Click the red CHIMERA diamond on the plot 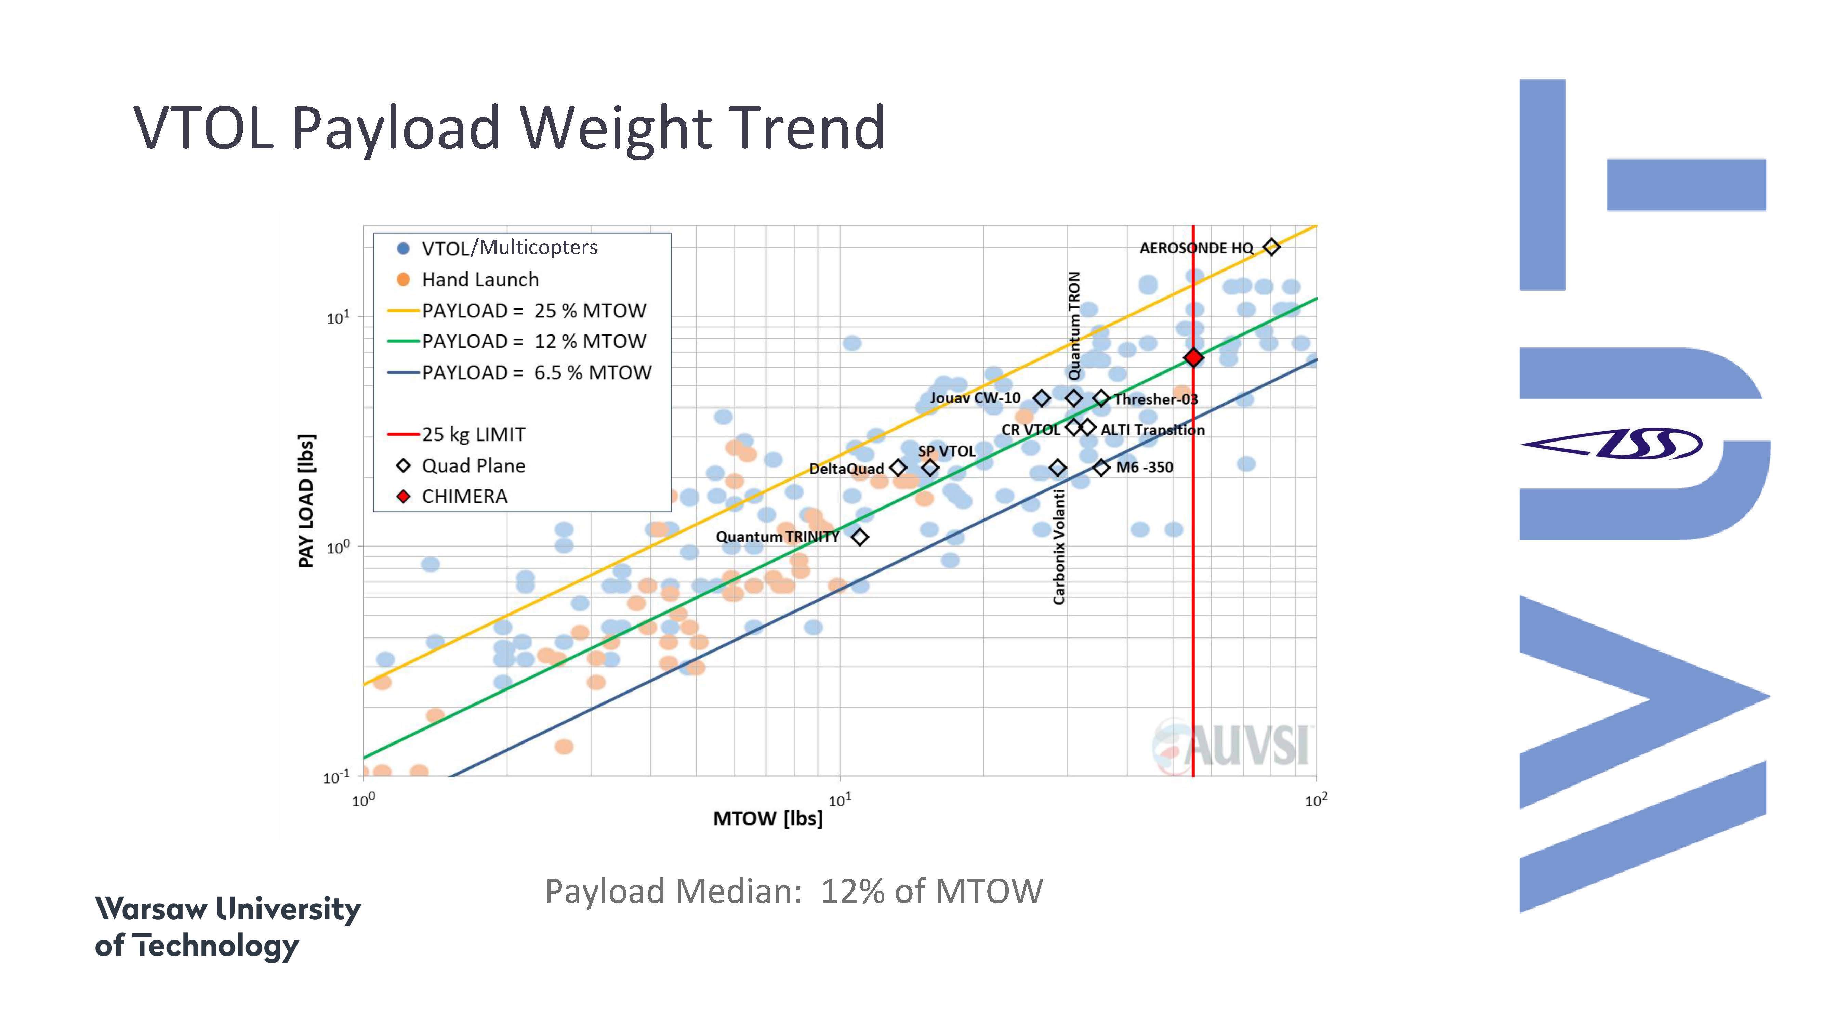pos(1193,358)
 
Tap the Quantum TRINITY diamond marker pos(860,537)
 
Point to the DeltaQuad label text pos(846,469)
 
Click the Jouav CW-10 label pos(975,398)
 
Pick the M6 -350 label pos(1144,467)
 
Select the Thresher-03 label pos(1155,399)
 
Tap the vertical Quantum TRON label pos(1074,326)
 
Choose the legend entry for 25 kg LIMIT pos(473,434)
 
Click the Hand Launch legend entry pos(480,280)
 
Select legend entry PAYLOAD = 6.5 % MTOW pos(536,372)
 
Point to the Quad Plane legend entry pos(473,466)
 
